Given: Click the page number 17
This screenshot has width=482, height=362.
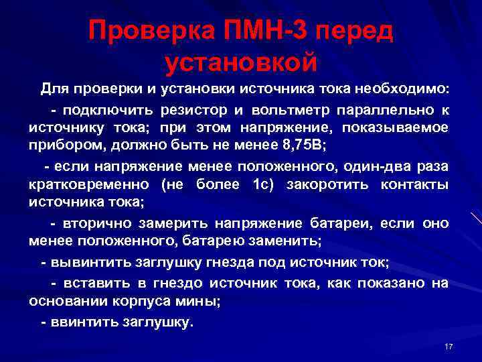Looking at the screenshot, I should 449,346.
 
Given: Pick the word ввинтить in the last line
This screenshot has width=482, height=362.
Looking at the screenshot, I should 84,322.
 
